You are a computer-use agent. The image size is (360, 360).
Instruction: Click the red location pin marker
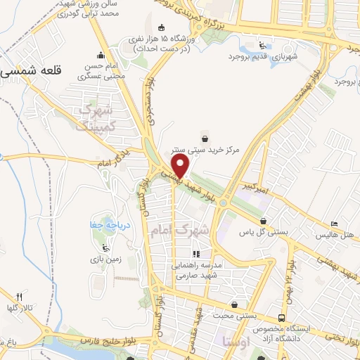point(181,166)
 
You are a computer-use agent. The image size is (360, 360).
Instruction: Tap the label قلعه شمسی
point(32,71)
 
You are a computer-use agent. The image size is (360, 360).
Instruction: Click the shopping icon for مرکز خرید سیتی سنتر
point(204,137)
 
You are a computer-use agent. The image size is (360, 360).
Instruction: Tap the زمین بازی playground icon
point(106,247)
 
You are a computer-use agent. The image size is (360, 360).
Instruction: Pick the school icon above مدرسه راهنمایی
point(196,254)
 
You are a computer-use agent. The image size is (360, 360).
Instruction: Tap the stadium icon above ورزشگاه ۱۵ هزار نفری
point(160,27)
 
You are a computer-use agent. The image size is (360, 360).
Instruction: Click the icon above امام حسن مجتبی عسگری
point(101,56)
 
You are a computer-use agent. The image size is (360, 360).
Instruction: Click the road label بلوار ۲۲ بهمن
point(289,278)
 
